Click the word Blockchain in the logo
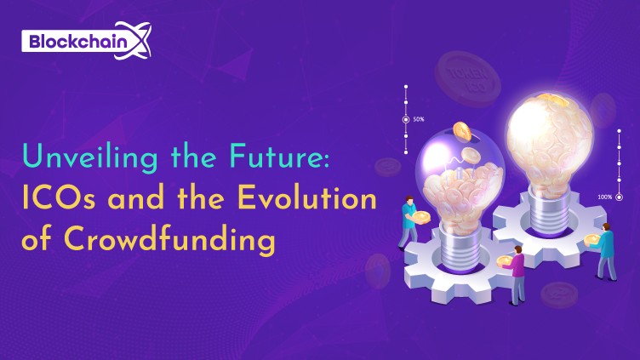pos(78,42)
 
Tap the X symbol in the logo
pos(137,40)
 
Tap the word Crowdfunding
pos(169,239)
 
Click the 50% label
pos(419,120)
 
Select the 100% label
pos(605,197)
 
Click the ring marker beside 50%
pos(406,120)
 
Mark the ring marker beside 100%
pos(620,197)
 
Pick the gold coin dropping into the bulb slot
pos(462,131)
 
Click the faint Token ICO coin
pos(468,78)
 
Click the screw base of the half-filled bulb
pos(461,249)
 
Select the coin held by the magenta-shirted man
pos(504,261)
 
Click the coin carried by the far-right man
pos(591,240)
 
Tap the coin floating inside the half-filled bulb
pos(471,155)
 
